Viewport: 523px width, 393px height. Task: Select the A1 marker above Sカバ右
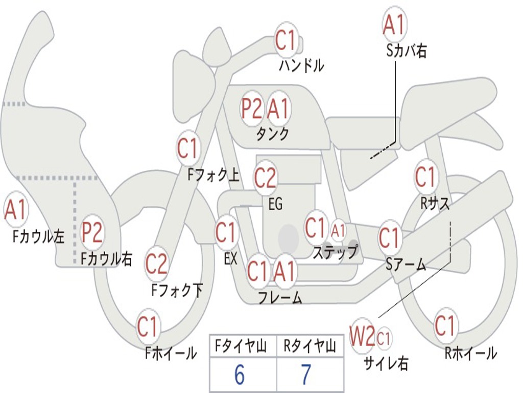click(394, 24)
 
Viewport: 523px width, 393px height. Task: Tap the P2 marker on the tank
click(252, 108)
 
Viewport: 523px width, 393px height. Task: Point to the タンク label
click(272, 134)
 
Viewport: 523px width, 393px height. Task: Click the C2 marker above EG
click(265, 178)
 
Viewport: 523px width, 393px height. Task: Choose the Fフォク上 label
click(213, 176)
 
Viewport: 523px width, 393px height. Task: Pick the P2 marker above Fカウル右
click(92, 233)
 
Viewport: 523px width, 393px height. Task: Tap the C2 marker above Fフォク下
click(156, 264)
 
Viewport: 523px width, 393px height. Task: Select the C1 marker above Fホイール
click(148, 326)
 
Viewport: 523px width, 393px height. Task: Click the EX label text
click(230, 258)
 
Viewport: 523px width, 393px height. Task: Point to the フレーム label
click(280, 297)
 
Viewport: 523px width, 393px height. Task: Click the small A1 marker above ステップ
click(338, 230)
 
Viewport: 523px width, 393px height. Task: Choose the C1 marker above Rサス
click(425, 177)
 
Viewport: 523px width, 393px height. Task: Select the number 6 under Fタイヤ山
click(239, 376)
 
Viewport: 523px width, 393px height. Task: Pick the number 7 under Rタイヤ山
click(306, 376)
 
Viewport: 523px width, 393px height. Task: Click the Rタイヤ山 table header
click(310, 347)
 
